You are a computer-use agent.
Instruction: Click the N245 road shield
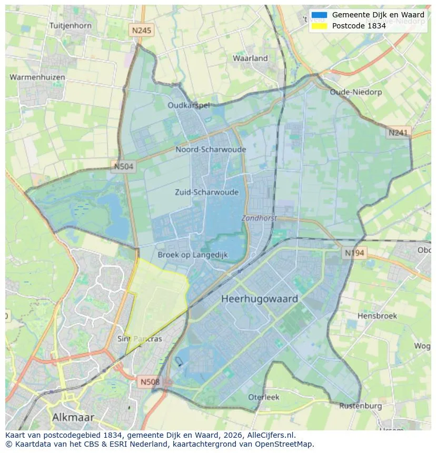tap(141, 31)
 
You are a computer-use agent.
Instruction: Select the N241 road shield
tap(398, 133)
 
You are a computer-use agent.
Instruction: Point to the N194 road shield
tap(354, 253)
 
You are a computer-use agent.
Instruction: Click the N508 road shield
tap(150, 381)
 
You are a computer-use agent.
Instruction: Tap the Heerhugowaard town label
tap(260, 299)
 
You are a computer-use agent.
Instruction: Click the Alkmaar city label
tap(73, 417)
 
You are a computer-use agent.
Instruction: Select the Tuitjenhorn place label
tap(70, 25)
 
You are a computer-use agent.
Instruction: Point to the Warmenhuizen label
tap(37, 77)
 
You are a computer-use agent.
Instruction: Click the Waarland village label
tap(250, 58)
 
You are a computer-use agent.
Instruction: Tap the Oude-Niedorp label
tap(351, 92)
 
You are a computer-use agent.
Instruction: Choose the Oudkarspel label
tap(189, 105)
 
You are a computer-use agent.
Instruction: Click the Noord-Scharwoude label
tap(211, 149)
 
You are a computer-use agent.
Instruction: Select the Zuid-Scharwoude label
tap(206, 192)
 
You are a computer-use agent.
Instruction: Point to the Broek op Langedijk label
tap(193, 255)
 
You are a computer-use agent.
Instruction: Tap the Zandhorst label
tap(259, 218)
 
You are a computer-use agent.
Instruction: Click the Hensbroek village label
tap(376, 316)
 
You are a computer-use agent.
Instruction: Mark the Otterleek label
tap(264, 397)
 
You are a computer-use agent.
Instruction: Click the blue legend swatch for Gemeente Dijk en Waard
tap(319, 15)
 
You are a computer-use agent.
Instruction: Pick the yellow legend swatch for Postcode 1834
tap(319, 25)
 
